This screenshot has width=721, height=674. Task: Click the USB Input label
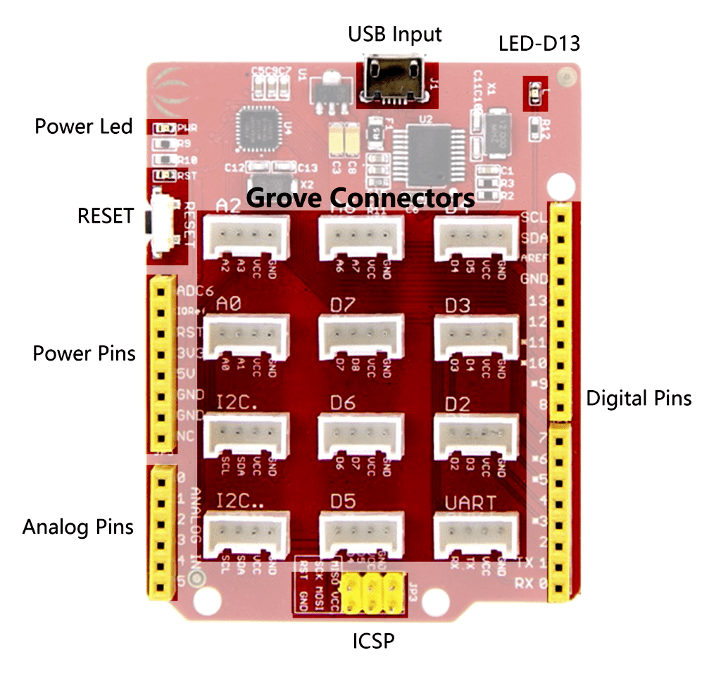click(x=395, y=34)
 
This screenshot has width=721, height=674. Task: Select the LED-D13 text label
click(x=539, y=44)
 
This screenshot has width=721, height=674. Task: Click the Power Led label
click(x=84, y=127)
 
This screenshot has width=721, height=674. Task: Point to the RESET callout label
click(x=105, y=216)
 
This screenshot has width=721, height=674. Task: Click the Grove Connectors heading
click(x=360, y=197)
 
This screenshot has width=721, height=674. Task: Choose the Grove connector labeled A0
click(x=246, y=336)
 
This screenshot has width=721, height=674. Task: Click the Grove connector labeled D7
click(x=361, y=336)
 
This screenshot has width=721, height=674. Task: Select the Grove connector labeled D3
click(x=477, y=336)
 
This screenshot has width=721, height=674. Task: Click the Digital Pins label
click(x=639, y=399)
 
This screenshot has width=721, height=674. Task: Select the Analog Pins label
click(x=78, y=527)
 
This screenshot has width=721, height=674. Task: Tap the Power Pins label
click(x=84, y=353)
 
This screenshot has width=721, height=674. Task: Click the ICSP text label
click(x=373, y=642)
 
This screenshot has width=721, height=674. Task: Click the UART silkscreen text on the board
click(x=470, y=504)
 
